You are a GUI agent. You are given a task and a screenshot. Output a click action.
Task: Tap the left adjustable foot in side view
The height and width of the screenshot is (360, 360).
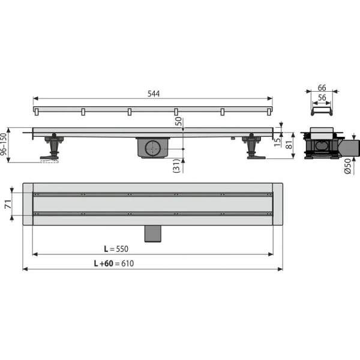click(53, 147)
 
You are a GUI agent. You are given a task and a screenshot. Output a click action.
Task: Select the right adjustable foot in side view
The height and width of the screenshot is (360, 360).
click(251, 148)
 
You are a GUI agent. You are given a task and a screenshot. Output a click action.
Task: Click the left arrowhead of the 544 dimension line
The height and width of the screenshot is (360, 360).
click(35, 99)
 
